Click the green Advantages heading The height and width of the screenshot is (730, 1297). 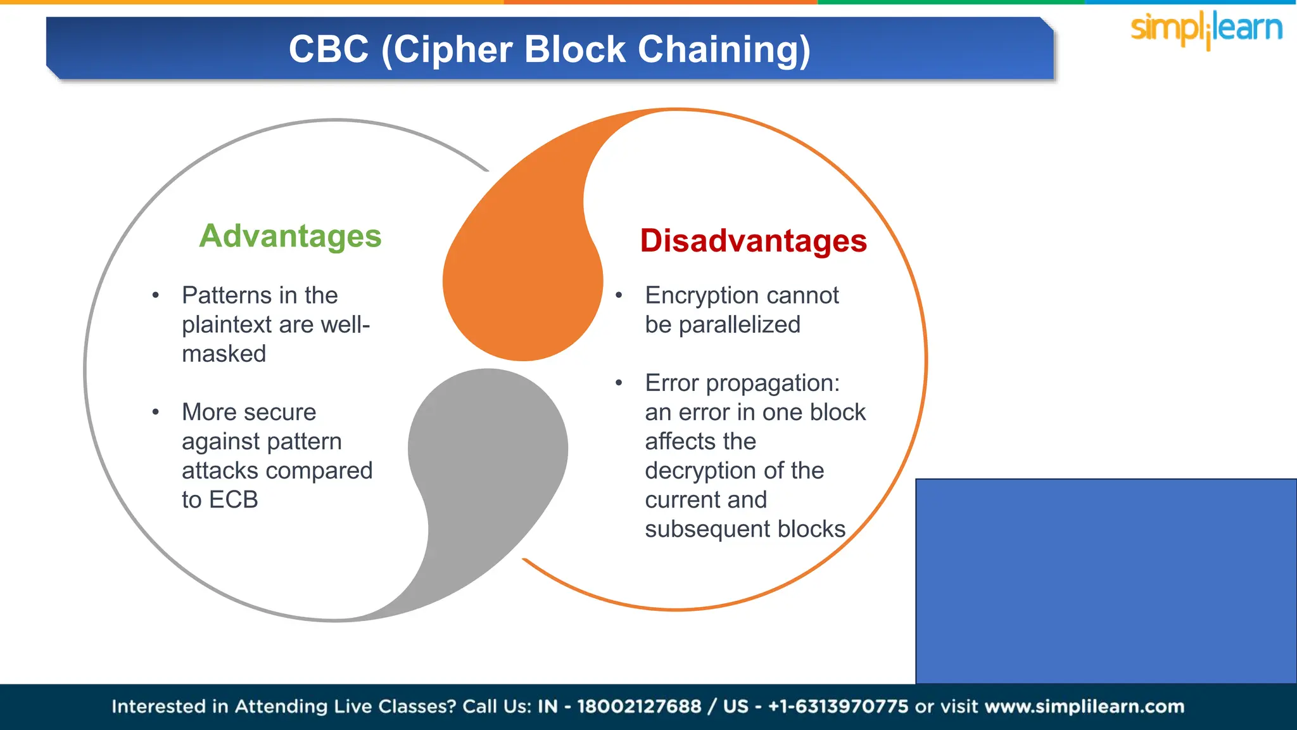(x=290, y=236)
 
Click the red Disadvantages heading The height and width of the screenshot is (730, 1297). (x=753, y=241)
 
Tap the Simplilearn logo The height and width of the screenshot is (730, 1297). (x=1206, y=29)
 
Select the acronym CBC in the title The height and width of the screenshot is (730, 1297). (x=329, y=49)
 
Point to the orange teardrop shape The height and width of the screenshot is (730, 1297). (x=526, y=279)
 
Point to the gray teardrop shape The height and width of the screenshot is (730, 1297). (x=488, y=456)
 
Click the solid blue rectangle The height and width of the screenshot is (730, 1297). (x=1106, y=580)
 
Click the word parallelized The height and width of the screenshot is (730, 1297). (x=739, y=325)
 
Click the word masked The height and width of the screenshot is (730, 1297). (x=224, y=354)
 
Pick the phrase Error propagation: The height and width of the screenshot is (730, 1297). (x=742, y=383)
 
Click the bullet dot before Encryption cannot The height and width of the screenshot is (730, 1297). (x=619, y=295)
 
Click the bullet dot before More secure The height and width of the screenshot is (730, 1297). (x=155, y=413)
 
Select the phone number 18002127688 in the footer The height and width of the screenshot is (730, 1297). (x=638, y=707)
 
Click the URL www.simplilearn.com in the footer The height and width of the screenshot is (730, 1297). (x=1084, y=707)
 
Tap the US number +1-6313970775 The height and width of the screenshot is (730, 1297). (x=838, y=707)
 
